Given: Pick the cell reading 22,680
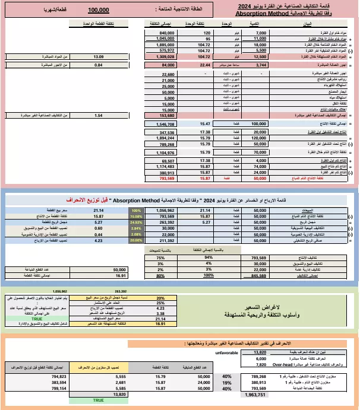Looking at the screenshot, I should [168, 74].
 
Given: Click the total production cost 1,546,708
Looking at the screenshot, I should [164, 124].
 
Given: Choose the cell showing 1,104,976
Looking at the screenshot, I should [164, 152].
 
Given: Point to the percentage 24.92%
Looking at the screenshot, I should [136, 223].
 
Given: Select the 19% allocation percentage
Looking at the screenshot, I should [226, 383].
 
